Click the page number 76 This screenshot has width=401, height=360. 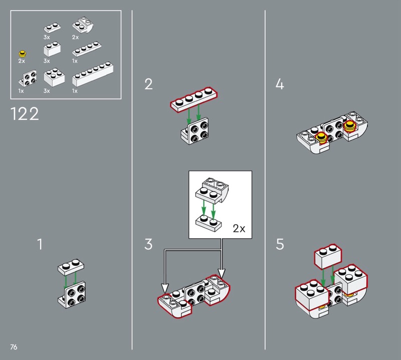pyautogui.click(x=14, y=347)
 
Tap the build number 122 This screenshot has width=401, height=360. pyautogui.click(x=25, y=114)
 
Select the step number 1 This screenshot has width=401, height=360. pyautogui.click(x=40, y=244)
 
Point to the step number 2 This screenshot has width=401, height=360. pyautogui.click(x=148, y=84)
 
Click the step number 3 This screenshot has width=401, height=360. pyautogui.click(x=148, y=244)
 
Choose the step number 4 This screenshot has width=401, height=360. pyautogui.click(x=280, y=84)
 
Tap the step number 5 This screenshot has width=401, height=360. pyautogui.click(x=280, y=244)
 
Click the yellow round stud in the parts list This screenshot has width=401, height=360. pyautogui.click(x=23, y=54)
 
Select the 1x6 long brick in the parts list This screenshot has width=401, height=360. pyautogui.click(x=93, y=74)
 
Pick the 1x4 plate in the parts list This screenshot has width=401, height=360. pyautogui.click(x=87, y=49)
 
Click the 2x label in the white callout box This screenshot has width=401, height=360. pyautogui.click(x=239, y=228)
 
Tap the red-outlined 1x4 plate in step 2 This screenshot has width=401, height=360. pyautogui.click(x=194, y=99)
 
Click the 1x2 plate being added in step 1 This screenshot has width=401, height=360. pyautogui.click(x=71, y=267)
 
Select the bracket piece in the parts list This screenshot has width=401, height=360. pyautogui.click(x=28, y=78)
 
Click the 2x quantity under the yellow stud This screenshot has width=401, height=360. pyautogui.click(x=22, y=61)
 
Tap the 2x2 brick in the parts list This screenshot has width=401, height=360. pyautogui.click(x=54, y=77)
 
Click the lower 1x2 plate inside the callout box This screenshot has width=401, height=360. pyautogui.click(x=209, y=223)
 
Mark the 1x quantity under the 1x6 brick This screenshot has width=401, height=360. pyautogui.click(x=75, y=91)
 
